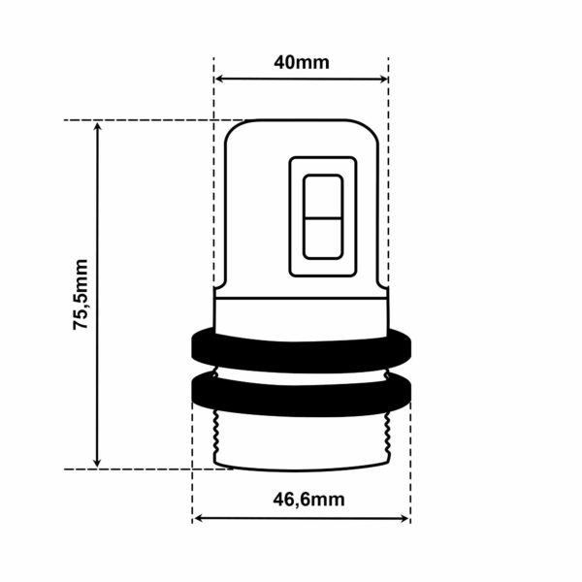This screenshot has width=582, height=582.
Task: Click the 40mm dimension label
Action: tap(302, 63)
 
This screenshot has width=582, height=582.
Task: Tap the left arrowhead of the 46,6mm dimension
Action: tap(198, 519)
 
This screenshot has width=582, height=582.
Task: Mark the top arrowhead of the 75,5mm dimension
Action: tap(97, 126)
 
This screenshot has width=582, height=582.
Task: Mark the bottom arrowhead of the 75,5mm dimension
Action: tap(97, 463)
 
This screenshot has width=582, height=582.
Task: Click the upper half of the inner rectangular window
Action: tap(322, 197)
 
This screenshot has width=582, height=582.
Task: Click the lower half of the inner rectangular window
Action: tap(322, 238)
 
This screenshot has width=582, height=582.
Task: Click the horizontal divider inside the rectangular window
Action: tap(322, 217)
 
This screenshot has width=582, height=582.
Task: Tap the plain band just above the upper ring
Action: tap(302, 312)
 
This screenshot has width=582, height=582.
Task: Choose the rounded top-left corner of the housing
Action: tap(233, 128)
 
